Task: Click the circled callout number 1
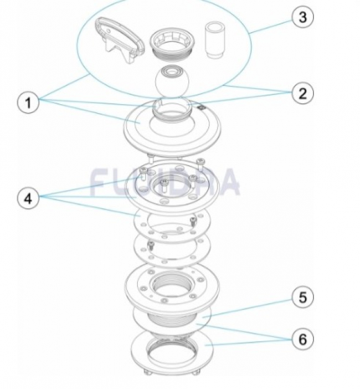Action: (28, 103)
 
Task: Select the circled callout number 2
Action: (302, 93)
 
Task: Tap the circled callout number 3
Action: (302, 17)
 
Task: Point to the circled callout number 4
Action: (28, 198)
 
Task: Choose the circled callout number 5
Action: (302, 298)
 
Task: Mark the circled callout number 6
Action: (302, 338)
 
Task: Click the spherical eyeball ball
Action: (172, 81)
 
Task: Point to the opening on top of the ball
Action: (173, 70)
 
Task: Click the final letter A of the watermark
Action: (229, 182)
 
